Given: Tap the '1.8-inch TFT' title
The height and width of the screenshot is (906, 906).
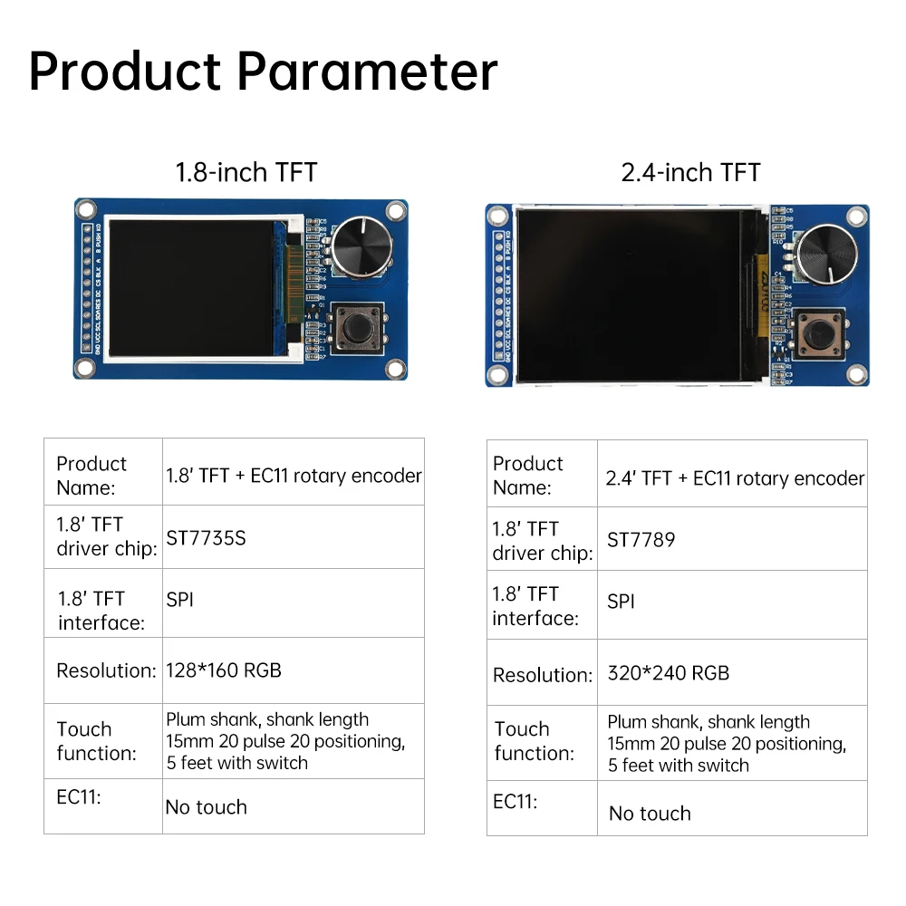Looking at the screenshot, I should click(246, 172).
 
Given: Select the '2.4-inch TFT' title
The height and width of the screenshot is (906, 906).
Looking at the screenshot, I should click(690, 172).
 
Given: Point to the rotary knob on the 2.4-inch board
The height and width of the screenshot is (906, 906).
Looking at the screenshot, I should click(824, 250).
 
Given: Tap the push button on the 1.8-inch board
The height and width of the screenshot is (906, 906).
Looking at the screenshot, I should click(358, 327).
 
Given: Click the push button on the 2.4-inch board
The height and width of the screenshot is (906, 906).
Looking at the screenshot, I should click(819, 335).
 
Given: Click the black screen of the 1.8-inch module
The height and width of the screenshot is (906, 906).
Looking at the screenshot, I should click(191, 286).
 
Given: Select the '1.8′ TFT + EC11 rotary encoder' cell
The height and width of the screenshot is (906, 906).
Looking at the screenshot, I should click(294, 476).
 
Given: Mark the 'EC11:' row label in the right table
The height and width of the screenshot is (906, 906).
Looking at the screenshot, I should click(516, 802).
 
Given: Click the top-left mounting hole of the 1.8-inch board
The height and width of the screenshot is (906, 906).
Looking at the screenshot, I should click(86, 210).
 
